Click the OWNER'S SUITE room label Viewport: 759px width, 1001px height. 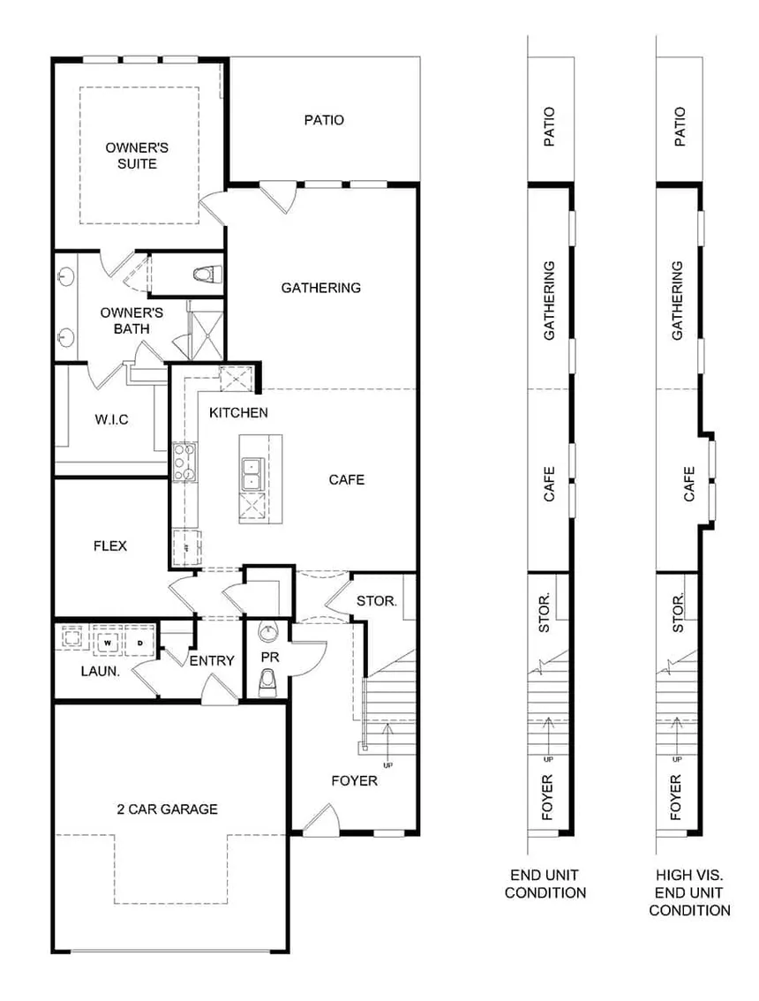click(x=137, y=155)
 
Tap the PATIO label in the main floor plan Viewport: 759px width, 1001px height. click(x=324, y=120)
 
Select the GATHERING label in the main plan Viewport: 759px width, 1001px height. click(x=321, y=288)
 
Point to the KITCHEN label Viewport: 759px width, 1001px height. click(x=239, y=412)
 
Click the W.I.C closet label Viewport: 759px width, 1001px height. click(x=112, y=419)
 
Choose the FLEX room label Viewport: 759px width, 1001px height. click(x=109, y=546)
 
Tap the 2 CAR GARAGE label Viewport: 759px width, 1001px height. click(x=168, y=809)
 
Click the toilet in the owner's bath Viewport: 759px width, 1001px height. click(x=207, y=275)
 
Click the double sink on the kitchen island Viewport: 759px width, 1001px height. click(x=252, y=474)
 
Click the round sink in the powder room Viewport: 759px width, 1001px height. click(x=269, y=633)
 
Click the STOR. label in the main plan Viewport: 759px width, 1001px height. click(x=377, y=601)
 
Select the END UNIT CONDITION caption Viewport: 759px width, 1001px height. click(x=545, y=884)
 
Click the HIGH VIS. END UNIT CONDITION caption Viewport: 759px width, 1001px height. click(x=689, y=892)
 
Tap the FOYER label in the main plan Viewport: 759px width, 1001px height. click(x=354, y=780)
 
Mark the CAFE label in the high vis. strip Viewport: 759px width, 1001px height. click(x=688, y=484)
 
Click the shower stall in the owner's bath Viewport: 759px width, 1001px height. click(x=206, y=328)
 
